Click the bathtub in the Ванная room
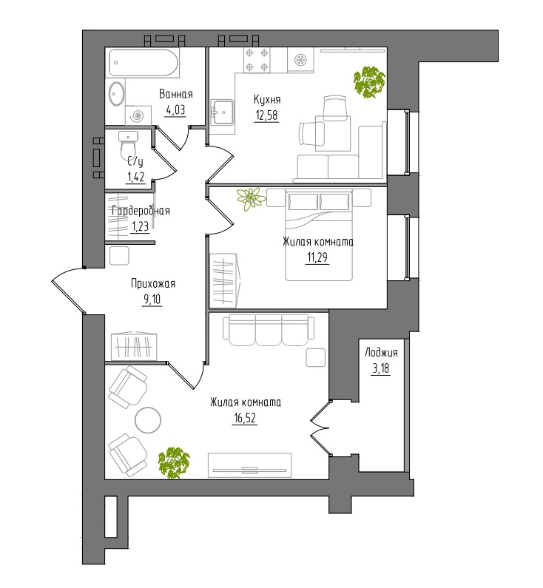coord(144,62)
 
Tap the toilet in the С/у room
coord(128,144)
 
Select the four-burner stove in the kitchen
coord(257,60)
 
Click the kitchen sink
coord(223,112)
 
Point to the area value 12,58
coord(266,115)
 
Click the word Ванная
coord(176,94)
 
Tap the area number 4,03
coord(175,110)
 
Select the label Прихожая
coord(153,284)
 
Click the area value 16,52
coord(244,418)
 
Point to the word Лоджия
coord(381,353)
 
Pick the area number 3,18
coord(381,368)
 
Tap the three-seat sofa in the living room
coord(269,330)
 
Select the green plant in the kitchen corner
coord(369,82)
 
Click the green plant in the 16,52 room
coord(174,463)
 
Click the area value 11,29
coord(318,258)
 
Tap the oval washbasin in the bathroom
coord(117,93)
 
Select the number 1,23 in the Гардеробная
coord(140,226)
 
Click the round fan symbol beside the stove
coord(300,60)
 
